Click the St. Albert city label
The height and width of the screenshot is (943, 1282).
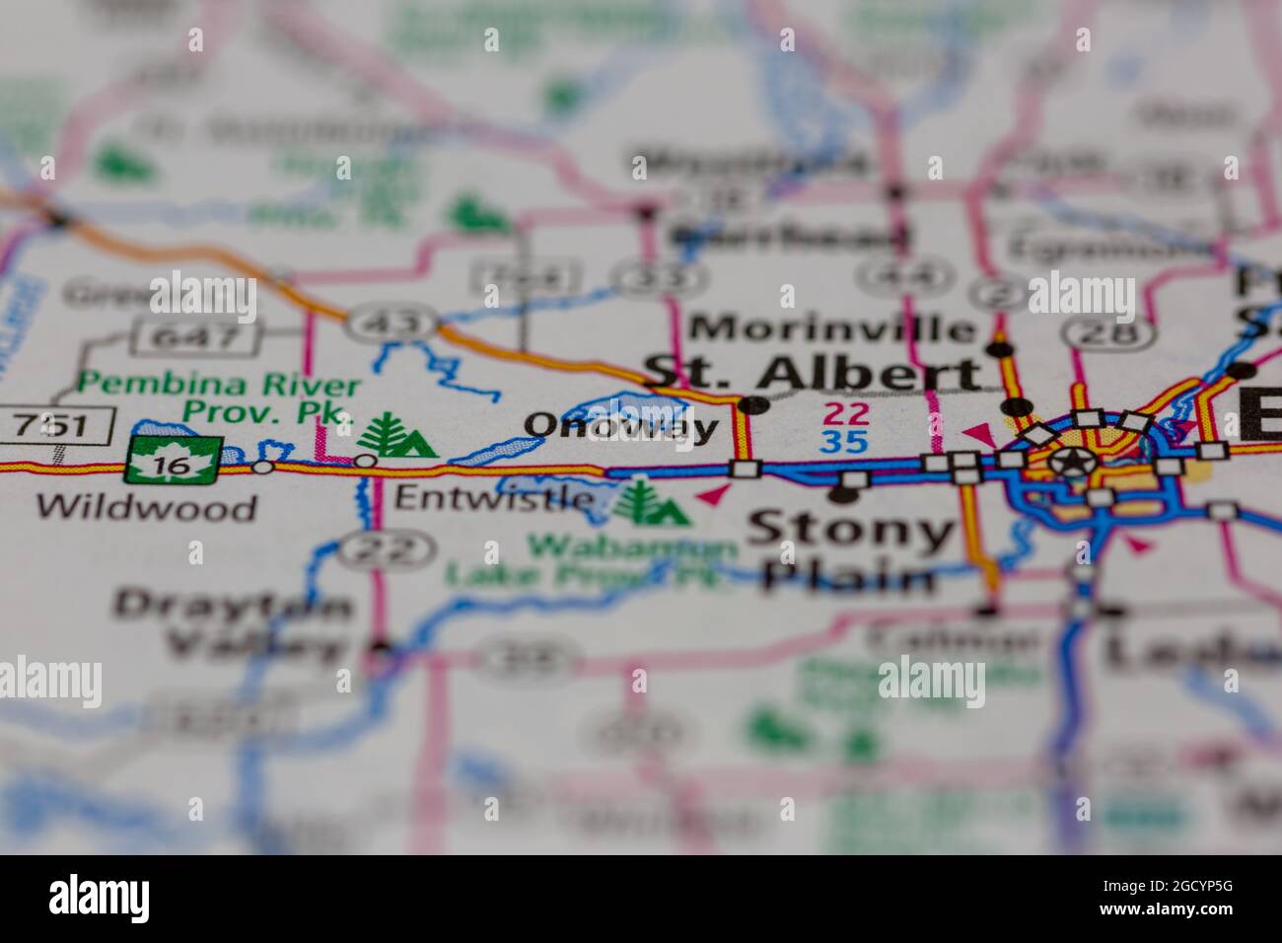[813, 373]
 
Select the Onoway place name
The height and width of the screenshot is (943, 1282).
[621, 426]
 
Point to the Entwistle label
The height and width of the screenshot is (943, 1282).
[493, 497]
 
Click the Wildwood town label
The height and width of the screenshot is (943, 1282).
[146, 507]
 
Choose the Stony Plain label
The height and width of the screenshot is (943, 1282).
[849, 554]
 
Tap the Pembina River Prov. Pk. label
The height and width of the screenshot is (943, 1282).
[219, 399]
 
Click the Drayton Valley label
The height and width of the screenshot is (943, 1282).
[233, 624]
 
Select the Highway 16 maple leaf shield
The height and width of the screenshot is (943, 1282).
[174, 461]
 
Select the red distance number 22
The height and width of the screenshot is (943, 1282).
[847, 413]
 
